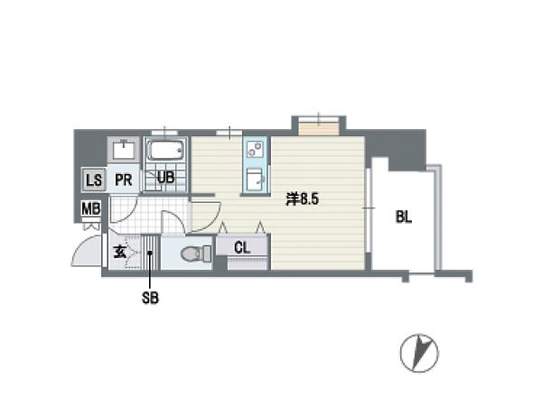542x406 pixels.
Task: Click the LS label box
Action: click(x=94, y=180)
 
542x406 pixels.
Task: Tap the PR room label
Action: click(x=124, y=180)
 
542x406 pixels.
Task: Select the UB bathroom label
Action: click(x=165, y=177)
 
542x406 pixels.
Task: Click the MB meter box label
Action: click(x=91, y=208)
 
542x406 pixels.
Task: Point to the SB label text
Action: click(x=150, y=298)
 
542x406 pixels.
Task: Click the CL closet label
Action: click(x=242, y=247)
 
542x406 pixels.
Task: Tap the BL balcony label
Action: click(x=404, y=217)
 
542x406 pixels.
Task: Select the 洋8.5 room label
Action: click(x=302, y=199)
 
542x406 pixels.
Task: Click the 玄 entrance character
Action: click(x=119, y=252)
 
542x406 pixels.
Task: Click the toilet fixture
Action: click(x=196, y=254)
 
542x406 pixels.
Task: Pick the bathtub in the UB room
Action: click(x=165, y=150)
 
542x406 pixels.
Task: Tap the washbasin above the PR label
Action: click(x=124, y=150)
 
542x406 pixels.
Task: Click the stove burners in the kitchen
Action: click(x=256, y=149)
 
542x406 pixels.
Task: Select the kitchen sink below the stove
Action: click(x=256, y=180)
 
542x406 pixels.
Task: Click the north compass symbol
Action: click(x=419, y=353)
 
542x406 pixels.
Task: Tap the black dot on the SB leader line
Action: click(x=150, y=253)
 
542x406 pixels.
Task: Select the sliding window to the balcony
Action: click(x=369, y=208)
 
